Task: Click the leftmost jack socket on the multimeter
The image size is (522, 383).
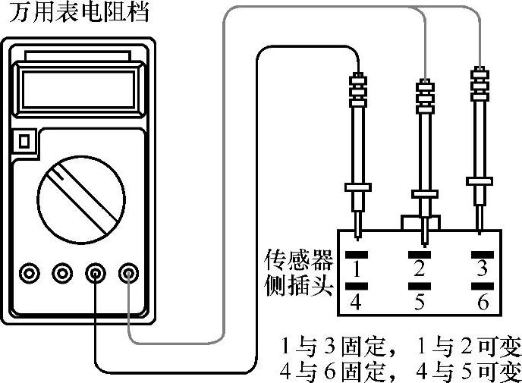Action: [30, 272]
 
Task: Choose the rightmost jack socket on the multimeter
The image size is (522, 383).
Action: [130, 272]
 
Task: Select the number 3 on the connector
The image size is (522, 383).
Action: [480, 268]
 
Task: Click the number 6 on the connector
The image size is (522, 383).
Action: [480, 302]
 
